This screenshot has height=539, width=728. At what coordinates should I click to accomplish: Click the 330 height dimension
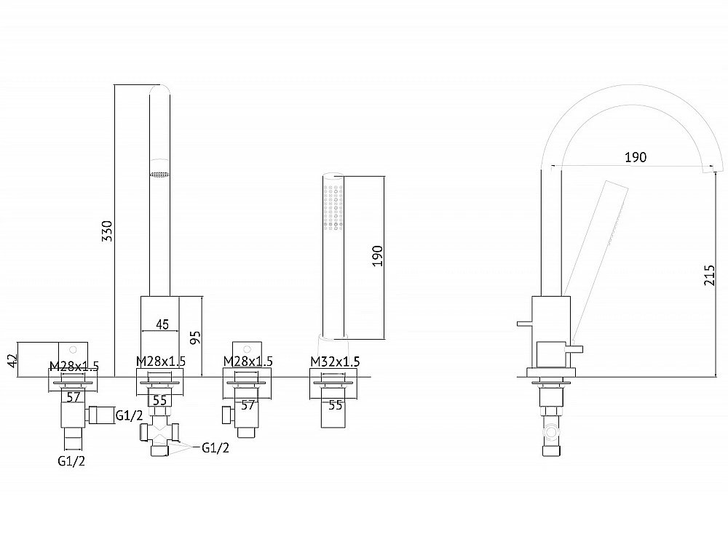[107, 231]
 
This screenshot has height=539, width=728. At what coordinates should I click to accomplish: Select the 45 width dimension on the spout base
[162, 324]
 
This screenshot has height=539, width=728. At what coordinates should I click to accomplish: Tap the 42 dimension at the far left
[12, 360]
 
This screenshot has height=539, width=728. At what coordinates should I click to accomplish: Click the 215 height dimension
[709, 275]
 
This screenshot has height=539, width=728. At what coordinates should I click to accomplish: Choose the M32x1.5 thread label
[335, 361]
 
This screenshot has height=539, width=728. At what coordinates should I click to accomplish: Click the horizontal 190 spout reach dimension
[635, 157]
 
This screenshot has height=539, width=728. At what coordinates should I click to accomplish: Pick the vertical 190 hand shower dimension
[377, 256]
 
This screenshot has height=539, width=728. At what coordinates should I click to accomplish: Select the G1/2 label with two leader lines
[215, 447]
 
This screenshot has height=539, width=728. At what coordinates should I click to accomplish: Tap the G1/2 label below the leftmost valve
[71, 460]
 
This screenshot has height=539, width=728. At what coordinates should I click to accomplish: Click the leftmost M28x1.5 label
[74, 367]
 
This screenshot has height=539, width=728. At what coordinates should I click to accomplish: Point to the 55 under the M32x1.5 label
[335, 405]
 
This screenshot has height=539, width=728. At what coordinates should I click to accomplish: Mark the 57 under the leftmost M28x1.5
[74, 397]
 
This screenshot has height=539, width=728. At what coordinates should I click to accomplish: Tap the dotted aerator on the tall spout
[159, 175]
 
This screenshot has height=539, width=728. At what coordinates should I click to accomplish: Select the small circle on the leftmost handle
[73, 349]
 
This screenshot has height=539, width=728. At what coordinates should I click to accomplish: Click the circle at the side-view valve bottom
[552, 432]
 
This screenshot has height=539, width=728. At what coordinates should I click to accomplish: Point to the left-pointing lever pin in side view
[524, 323]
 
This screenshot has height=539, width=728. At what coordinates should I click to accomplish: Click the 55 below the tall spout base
[159, 400]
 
